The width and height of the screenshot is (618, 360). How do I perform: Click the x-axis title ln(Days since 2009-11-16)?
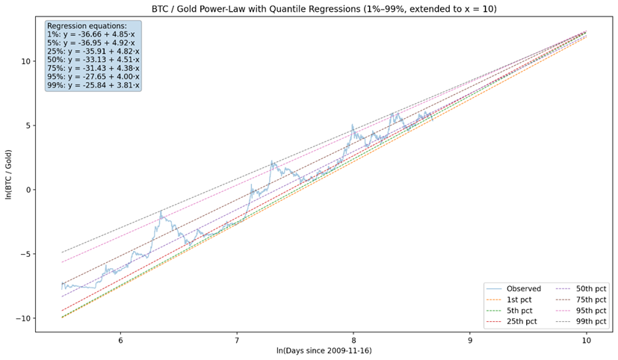324,350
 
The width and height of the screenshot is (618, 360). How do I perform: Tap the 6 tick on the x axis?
120,339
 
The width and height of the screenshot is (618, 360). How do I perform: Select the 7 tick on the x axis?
237,339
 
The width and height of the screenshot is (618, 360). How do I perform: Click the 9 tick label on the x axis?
470,339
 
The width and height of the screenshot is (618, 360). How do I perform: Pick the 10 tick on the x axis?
587,339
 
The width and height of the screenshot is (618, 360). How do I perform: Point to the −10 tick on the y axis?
23,318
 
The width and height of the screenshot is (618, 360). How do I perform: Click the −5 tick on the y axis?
25,254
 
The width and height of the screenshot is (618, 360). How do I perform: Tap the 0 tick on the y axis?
28,190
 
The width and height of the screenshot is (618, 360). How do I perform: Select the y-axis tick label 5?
28,125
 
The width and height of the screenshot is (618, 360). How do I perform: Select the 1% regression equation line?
90,34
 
